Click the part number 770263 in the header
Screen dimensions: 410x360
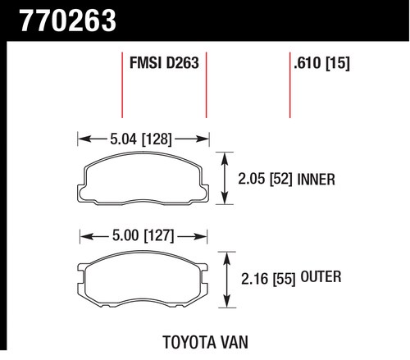(68, 21)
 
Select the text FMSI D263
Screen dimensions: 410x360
(164, 63)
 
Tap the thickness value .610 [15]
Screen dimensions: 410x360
(321, 63)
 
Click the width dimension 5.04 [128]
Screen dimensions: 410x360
(141, 139)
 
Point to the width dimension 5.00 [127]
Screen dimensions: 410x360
(143, 235)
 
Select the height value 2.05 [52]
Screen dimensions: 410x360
(265, 180)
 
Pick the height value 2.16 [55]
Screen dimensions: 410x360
(268, 279)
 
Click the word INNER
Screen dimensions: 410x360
(316, 180)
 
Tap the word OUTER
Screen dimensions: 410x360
(321, 277)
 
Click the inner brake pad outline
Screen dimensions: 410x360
(143, 153)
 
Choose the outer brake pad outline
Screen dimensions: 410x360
(143, 252)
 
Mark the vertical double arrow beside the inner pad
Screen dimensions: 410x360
(225, 178)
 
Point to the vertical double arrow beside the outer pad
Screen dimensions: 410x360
(226, 280)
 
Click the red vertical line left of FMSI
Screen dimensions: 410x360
(122, 85)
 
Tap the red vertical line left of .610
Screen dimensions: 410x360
(289, 85)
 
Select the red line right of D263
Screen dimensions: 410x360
(206, 85)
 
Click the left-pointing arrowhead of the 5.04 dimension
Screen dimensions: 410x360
(84, 139)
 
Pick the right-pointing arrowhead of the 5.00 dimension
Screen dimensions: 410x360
(200, 236)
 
